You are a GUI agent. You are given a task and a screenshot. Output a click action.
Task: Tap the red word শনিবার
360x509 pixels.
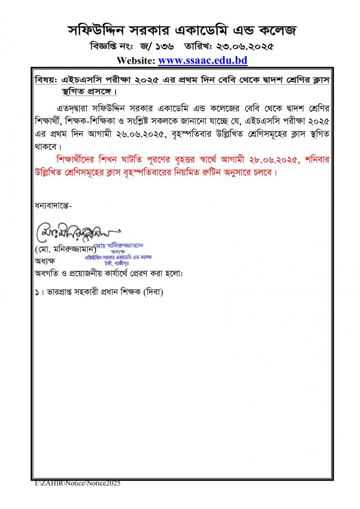tap(310, 160)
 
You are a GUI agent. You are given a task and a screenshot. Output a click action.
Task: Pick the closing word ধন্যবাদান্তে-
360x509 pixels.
tap(53, 206)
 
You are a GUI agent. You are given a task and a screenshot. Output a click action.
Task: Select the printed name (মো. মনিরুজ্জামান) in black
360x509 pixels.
tap(65, 249)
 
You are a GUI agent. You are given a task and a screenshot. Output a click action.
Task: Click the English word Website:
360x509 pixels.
tap(135, 60)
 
